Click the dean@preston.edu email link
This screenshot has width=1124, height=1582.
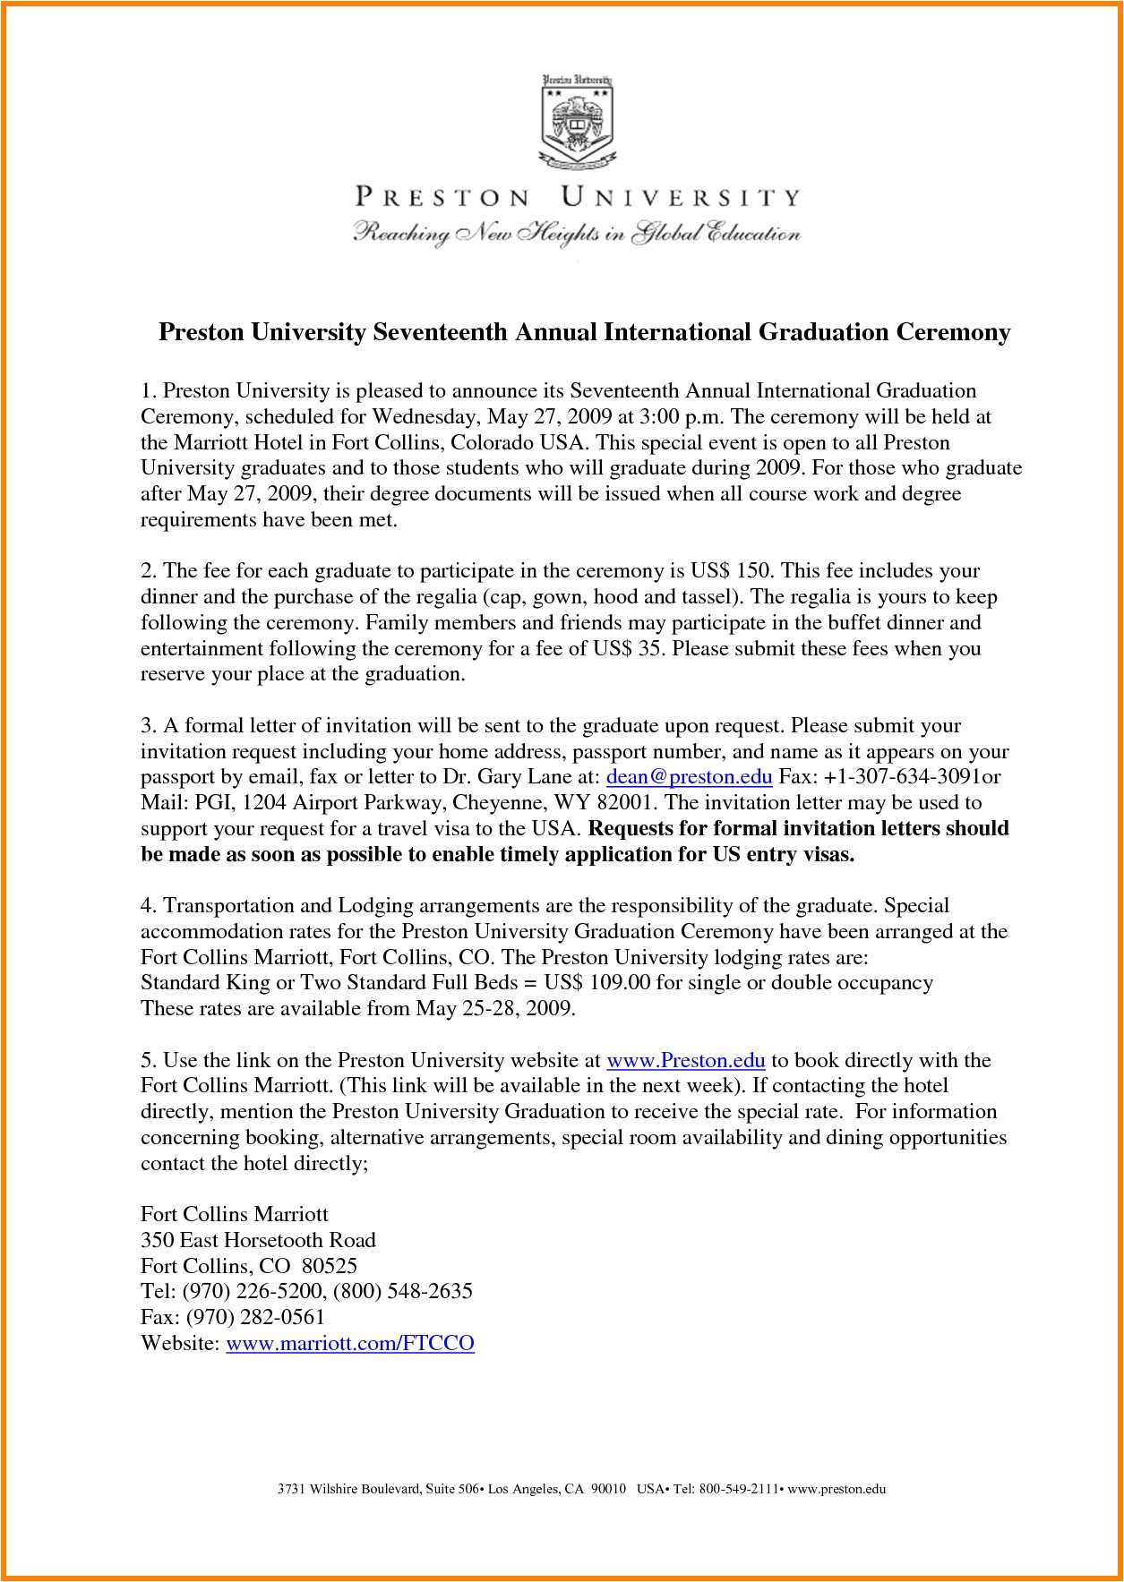point(689,776)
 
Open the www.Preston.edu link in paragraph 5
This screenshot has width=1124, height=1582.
point(685,1061)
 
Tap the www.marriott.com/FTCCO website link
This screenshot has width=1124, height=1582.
point(349,1343)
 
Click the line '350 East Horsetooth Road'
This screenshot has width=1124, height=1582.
point(258,1240)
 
